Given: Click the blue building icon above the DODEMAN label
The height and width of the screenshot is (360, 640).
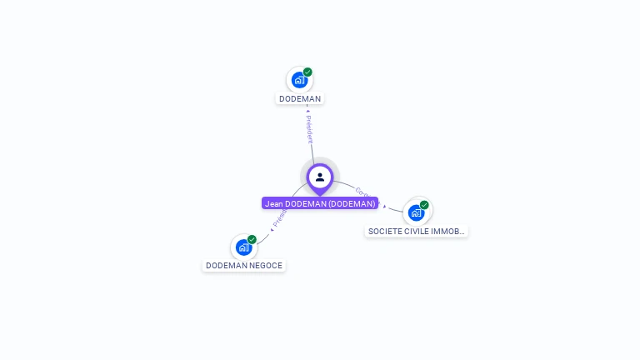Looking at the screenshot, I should [x=299, y=81].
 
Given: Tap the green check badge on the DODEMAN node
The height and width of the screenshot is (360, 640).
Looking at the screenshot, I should [x=307, y=72].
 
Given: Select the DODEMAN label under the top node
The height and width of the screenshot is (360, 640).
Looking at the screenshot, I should [x=300, y=98].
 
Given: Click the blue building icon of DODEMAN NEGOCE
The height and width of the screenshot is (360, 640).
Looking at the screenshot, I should [x=243, y=247].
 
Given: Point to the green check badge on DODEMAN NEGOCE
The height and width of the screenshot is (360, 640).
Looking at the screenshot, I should [x=252, y=240].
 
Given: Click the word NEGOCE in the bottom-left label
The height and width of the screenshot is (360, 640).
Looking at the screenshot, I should [x=266, y=266].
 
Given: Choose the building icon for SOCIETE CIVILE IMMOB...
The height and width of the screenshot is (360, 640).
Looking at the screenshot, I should [x=416, y=212].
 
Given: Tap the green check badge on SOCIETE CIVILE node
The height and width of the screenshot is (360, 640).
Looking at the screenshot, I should [x=424, y=205].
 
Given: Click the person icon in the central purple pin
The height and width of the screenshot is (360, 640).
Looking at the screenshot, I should [x=320, y=177].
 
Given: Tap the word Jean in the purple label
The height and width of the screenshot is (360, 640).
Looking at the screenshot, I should [x=274, y=203].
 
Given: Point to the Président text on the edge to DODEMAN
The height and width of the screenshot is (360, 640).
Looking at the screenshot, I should [x=308, y=129].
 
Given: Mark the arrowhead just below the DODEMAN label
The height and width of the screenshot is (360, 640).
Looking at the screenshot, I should [x=307, y=108].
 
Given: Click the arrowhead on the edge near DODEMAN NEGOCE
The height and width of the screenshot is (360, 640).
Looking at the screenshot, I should [x=272, y=229].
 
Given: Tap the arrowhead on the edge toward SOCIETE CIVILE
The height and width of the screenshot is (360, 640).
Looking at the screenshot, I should [x=384, y=206].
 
